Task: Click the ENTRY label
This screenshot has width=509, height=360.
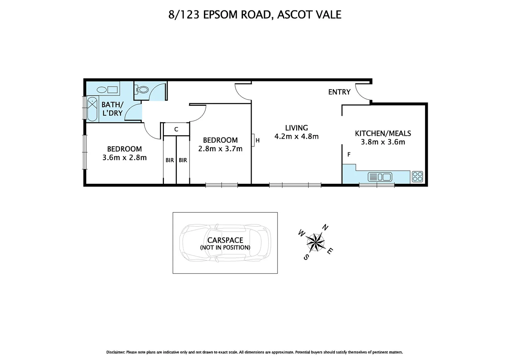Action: [x=339, y=92]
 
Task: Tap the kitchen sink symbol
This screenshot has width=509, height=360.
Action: [x=380, y=177]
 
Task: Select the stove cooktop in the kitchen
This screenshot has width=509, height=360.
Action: [x=417, y=176]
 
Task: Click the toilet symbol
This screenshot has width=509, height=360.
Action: [x=142, y=89]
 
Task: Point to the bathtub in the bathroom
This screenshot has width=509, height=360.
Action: [x=92, y=109]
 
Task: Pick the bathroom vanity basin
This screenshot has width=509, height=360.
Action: [x=107, y=90]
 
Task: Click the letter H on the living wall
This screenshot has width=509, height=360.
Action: [x=257, y=141]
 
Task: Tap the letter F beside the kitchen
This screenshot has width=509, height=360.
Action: [x=349, y=155]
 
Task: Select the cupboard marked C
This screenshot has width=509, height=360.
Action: [x=176, y=129]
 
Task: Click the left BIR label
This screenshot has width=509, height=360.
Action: [x=170, y=160]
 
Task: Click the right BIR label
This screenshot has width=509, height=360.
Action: [x=183, y=160]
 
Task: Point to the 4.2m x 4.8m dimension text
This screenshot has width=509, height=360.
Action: [x=296, y=136]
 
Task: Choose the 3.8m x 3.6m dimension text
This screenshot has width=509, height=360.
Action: [x=383, y=142]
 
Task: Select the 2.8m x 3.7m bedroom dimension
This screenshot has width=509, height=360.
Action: [x=220, y=149]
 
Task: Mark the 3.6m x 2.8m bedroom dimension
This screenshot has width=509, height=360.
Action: [x=124, y=158]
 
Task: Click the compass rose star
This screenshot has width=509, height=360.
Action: [x=315, y=242]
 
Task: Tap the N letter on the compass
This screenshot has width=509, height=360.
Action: [x=325, y=228]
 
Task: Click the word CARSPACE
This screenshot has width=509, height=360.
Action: [x=225, y=240]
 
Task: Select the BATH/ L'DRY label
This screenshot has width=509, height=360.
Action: [x=112, y=109]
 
